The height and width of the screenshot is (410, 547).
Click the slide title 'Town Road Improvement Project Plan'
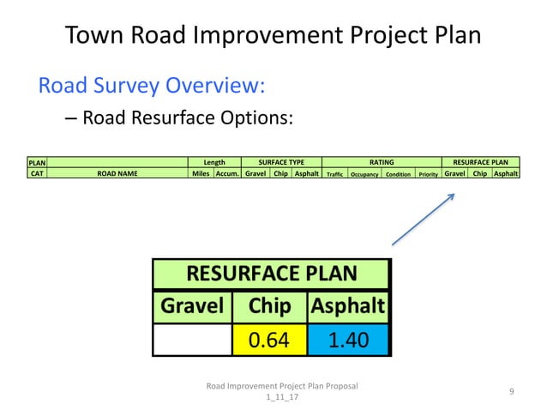(273, 35)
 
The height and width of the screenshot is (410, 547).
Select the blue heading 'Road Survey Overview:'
(151, 86)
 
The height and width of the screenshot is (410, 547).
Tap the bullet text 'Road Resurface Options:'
(188, 118)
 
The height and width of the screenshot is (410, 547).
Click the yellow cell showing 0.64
(268, 340)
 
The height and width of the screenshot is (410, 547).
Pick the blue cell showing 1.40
(347, 340)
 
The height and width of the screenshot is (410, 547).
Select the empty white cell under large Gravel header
(192, 340)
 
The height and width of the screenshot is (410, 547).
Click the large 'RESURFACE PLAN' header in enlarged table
(271, 274)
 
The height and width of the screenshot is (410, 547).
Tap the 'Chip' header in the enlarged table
(268, 306)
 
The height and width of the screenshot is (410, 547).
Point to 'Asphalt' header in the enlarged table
(347, 306)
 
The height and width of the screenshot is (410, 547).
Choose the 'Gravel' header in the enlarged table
(192, 306)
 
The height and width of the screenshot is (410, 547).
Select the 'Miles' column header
(201, 172)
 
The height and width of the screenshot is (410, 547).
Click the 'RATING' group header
(381, 162)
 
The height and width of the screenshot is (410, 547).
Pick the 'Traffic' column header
(334, 173)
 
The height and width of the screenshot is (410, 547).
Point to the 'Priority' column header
(428, 173)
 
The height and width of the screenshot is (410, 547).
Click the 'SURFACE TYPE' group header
(281, 162)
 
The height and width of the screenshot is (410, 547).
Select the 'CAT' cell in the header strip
(37, 172)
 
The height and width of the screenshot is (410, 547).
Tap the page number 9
(511, 392)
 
